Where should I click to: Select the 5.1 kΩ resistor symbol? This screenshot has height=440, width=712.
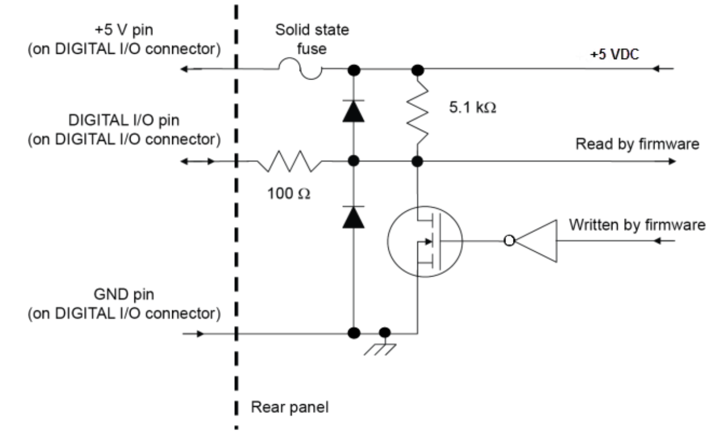tap(418, 114)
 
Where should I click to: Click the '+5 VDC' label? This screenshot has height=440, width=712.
tap(614, 55)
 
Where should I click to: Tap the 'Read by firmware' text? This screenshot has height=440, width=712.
tap(638, 144)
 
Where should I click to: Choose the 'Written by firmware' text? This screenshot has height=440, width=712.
tap(637, 225)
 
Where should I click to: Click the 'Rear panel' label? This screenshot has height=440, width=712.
tap(289, 407)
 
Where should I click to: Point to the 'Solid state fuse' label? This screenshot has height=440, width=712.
tap(312, 38)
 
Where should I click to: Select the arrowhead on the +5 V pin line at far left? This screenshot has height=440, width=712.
tap(185, 69)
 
